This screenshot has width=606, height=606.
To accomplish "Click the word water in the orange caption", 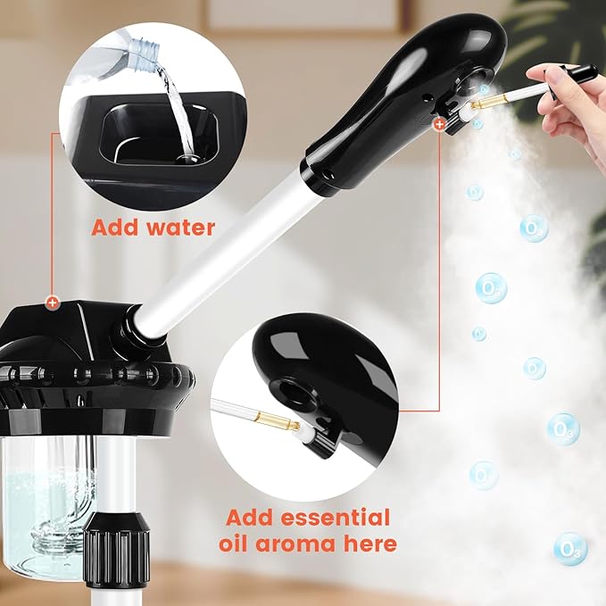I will point(175,228).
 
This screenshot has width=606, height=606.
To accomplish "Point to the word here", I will point(368,544).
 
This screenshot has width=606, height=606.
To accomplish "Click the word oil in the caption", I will point(243,544).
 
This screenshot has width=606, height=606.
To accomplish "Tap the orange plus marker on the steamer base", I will point(53,303).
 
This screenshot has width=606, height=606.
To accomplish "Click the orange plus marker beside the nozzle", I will point(439,127).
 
